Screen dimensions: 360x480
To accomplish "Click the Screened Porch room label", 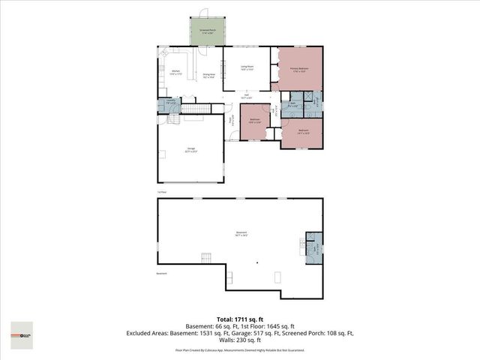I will pos(206,31).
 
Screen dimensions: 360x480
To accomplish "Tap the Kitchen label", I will pos(175,73).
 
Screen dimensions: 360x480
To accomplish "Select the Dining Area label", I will pos(209,76).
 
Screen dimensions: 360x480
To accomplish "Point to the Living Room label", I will pos(246,68).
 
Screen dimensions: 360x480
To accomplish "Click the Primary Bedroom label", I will pos(300,68).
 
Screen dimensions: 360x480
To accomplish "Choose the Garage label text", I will pos(190,151).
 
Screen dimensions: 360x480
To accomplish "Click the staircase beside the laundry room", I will pos(193,110).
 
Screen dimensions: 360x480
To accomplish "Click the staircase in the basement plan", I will pos(205,259).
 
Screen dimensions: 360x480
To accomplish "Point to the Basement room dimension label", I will pos(241,234).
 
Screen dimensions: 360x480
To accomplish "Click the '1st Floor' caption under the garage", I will pos(161,192).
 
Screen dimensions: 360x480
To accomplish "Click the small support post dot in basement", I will pos(256,263).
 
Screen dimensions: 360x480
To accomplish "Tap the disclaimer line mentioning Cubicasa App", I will pos(240,349).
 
